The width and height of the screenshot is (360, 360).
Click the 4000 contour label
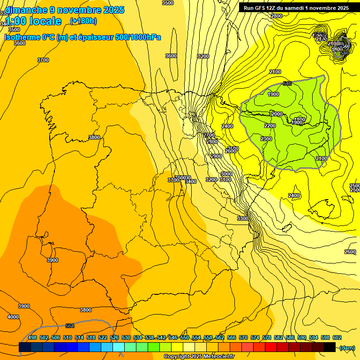[13, 317]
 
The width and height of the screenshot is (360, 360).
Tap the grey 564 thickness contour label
[70, 326]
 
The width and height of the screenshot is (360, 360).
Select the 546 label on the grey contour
[287, 84]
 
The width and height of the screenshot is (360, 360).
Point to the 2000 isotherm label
[277, 114]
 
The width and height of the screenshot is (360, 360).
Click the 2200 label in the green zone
[270, 126]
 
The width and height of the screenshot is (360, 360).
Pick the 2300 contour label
[266, 139]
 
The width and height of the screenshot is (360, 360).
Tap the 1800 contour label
[300, 120]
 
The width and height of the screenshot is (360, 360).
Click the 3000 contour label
[226, 174]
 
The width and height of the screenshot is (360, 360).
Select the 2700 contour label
[209, 135]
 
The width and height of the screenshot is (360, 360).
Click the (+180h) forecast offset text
[83, 21]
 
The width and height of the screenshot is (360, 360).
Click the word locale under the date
[45, 21]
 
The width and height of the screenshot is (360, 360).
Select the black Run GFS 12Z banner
[296, 8]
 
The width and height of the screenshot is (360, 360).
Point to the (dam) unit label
[347, 348]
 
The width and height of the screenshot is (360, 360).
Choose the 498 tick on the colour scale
[32, 337]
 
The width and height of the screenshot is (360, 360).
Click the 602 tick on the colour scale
[337, 337]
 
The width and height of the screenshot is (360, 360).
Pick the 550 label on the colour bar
[184, 337]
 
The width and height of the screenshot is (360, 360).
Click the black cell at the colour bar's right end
[330, 347]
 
